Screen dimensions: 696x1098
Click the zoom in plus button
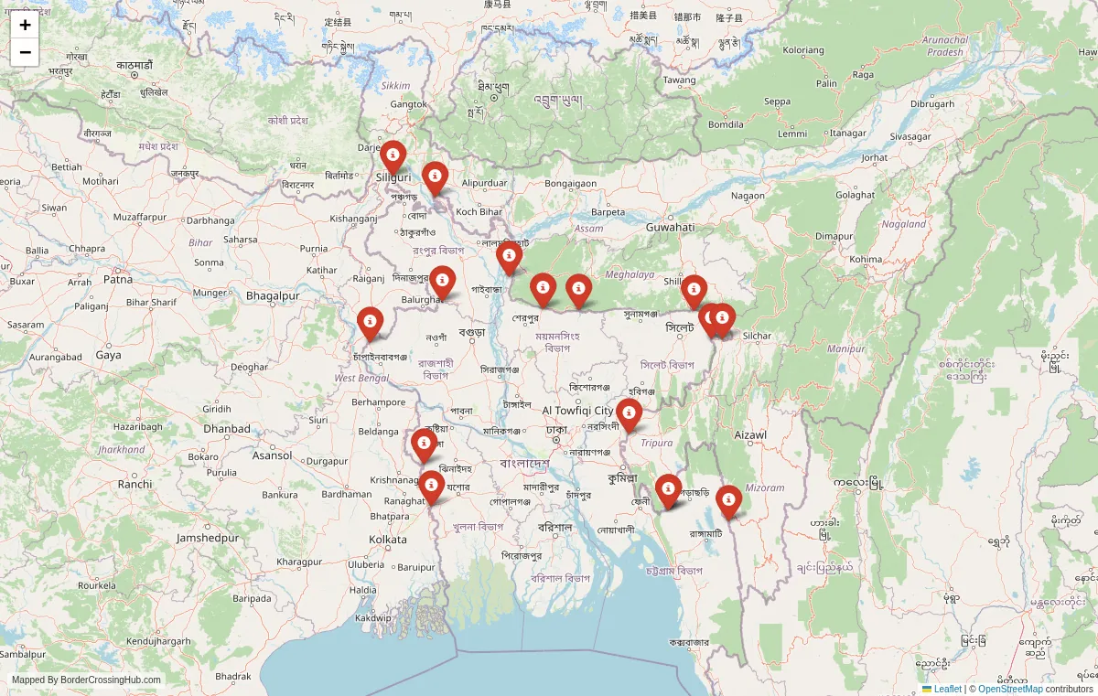[25, 26]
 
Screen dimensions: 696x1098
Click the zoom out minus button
[25, 53]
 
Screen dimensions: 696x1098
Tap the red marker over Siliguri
[393, 157]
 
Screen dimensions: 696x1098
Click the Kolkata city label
[388, 540]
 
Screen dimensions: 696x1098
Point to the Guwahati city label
[671, 227]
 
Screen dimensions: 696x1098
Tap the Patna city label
[117, 280]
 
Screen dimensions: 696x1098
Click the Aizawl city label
[750, 434]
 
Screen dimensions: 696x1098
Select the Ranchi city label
[135, 484]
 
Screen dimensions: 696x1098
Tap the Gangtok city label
[409, 104]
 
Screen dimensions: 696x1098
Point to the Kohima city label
[865, 259]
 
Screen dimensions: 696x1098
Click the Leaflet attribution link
[947, 689]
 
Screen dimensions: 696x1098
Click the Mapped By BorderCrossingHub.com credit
[86, 680]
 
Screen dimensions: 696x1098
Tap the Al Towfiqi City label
[578, 411]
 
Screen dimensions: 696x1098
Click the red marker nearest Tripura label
[629, 414]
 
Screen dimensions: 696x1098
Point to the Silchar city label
[757, 336]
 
